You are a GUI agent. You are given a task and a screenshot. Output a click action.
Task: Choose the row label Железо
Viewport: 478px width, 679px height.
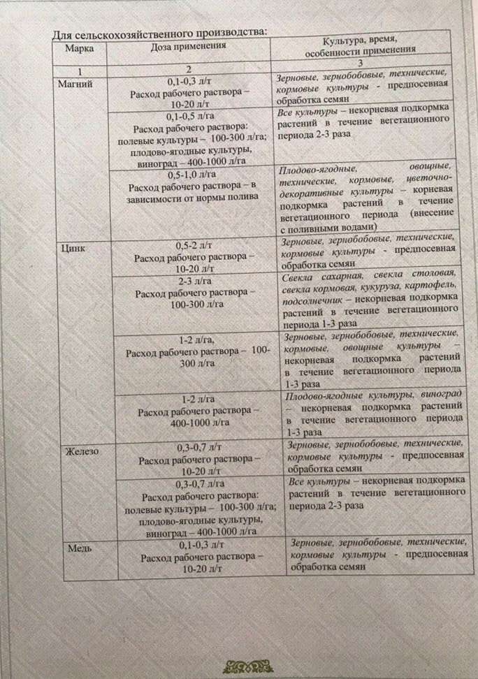(x=82, y=451)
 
